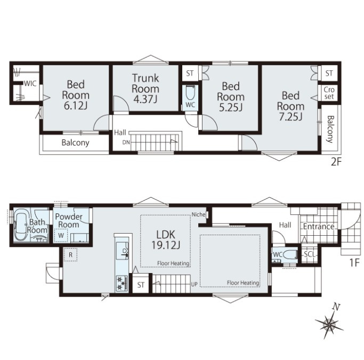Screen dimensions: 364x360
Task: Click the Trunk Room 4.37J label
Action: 145,89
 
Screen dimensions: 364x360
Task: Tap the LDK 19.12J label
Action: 166,239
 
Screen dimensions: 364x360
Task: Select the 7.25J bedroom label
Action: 290,106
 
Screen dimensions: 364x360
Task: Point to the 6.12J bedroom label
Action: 76,95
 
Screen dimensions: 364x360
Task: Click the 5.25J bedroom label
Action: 231,97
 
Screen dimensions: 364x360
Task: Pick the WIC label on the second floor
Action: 30,83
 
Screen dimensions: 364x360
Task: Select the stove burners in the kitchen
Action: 121,283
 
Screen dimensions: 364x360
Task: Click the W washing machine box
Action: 61,236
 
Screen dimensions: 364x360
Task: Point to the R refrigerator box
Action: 70,255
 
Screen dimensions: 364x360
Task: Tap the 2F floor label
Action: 336,162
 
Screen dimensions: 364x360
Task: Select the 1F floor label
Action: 354,262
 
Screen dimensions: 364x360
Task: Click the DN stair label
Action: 126,142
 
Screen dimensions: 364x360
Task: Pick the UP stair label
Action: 195,284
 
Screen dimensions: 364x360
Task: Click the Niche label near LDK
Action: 198,214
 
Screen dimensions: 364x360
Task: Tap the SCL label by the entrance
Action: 310,254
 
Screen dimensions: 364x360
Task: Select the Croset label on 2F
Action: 329,93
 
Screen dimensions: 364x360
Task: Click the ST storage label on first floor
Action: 141,285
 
